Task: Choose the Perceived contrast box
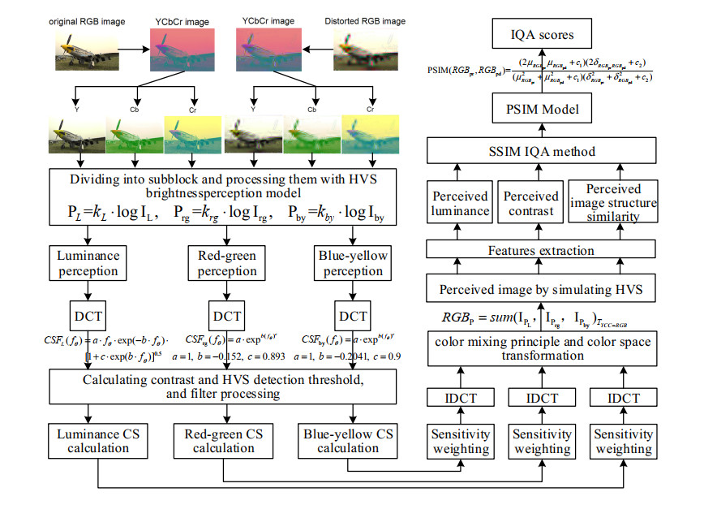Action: click(530, 203)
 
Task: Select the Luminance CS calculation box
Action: click(98, 442)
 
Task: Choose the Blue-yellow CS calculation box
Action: click(349, 442)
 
